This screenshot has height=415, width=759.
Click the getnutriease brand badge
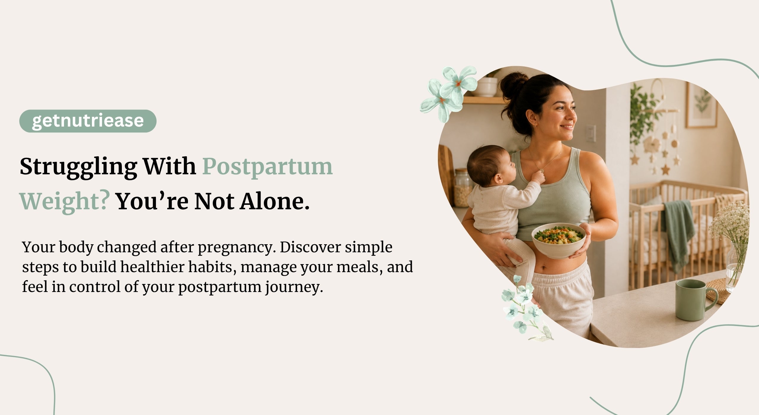88,121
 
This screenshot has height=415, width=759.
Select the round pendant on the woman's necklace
542,171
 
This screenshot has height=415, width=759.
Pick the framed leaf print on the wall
702,105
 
